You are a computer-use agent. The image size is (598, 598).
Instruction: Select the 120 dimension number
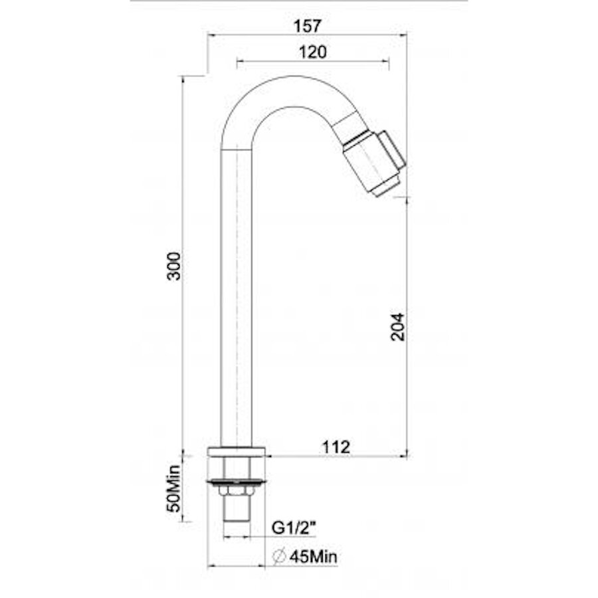point(312,52)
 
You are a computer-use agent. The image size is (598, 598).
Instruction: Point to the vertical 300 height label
point(174,266)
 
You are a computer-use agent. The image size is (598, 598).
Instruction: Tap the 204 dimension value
point(397,326)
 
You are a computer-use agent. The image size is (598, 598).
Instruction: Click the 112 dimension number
point(336,447)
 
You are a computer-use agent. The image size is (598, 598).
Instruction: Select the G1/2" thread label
point(294,528)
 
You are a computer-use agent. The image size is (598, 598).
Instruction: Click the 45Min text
point(313,557)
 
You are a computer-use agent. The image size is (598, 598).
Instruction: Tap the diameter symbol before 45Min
point(280,557)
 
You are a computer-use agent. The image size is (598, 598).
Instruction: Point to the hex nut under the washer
point(237,490)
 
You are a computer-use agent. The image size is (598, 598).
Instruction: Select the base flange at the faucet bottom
point(237,451)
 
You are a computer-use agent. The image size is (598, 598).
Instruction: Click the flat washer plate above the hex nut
point(237,480)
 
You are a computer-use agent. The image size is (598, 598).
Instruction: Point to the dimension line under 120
point(312,62)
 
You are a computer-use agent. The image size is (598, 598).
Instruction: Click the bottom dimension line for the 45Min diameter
point(237,566)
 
